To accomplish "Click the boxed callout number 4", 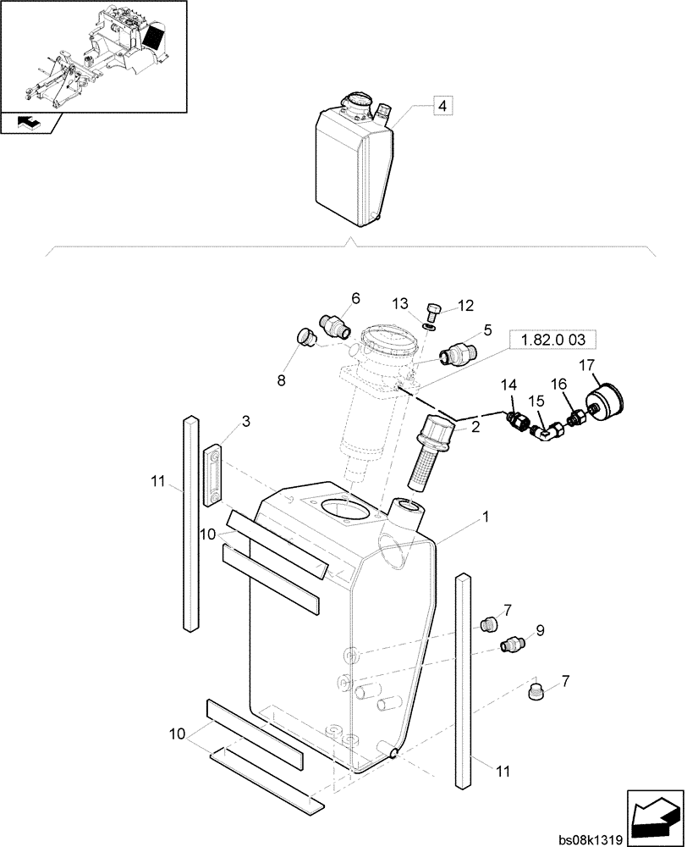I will coord(443,106).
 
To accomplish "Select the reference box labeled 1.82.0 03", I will coord(553,340).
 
